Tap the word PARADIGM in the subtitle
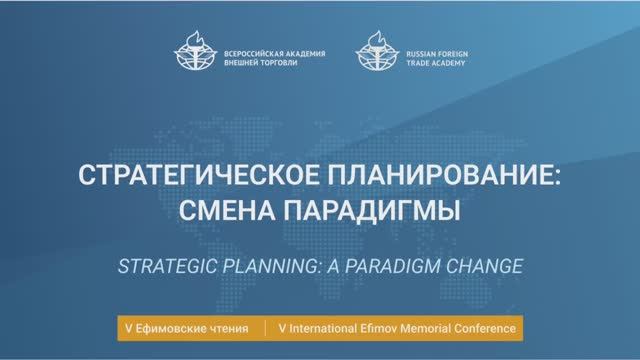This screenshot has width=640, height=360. click(393, 268)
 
